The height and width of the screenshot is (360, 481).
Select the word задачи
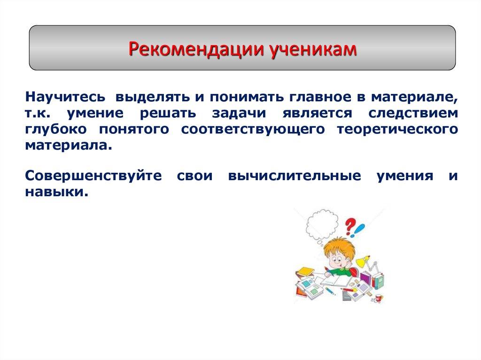238,114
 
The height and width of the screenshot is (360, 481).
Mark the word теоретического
397,129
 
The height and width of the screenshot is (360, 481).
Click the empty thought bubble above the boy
322,223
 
